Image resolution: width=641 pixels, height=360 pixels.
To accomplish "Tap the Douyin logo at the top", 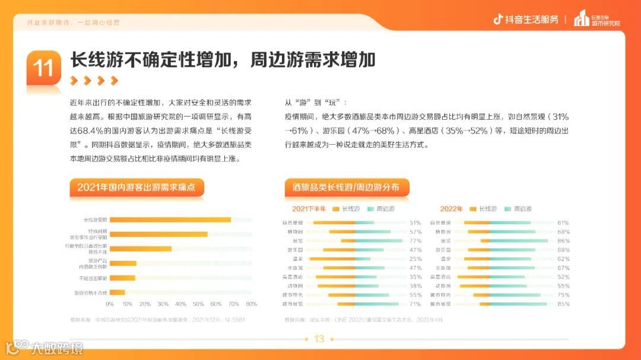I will coord(499,19).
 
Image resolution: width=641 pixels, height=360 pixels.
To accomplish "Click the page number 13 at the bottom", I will coord(319,339).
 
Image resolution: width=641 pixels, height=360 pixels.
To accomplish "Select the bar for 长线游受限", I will coord(170,220).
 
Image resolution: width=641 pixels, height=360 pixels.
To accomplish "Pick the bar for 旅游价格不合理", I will coord(118,292).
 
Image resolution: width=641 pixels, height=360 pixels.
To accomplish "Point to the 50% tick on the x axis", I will coord(198,304).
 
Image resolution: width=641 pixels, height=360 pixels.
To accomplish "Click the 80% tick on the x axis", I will coord(251,304).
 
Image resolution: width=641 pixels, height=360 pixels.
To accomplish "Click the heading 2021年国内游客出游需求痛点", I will coord(140,187).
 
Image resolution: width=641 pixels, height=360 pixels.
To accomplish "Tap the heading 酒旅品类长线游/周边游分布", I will coord(346,187).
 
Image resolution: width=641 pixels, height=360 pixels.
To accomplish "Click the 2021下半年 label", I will coord(309,209).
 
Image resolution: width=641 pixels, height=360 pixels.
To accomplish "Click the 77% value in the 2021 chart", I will coord(415,241).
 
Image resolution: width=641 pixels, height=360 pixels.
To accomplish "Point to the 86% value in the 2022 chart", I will coord(563,241).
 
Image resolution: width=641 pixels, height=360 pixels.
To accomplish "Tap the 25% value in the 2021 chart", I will coord(415,259).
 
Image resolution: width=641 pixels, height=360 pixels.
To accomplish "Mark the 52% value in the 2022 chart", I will coord(563,276).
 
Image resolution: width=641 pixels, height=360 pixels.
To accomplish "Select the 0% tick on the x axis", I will coord(110,304).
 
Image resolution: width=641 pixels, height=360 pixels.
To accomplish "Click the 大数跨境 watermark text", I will coord(57,348).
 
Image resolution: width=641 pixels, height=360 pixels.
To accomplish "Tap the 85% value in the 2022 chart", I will coord(563,304).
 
